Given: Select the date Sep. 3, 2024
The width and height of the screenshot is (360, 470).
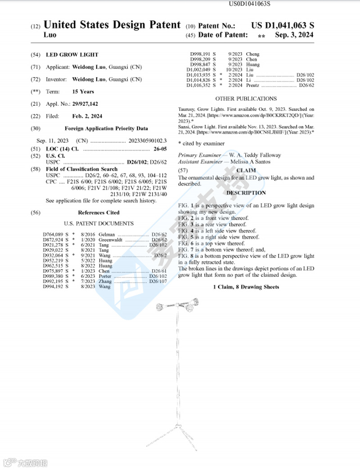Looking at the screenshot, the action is (294, 35).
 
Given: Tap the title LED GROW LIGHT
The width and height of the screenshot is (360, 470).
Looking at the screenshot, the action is (72, 55).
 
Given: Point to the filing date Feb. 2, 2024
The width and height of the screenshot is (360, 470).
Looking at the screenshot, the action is (87, 116).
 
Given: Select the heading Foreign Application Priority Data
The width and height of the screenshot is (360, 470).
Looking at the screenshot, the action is (106, 128).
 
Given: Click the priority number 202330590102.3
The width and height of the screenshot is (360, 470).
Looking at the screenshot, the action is (144, 141).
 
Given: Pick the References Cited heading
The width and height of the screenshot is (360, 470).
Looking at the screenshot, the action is (99, 212).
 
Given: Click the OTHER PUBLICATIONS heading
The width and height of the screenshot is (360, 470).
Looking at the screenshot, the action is (246, 99).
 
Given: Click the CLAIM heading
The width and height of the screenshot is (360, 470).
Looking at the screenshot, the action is (246, 170).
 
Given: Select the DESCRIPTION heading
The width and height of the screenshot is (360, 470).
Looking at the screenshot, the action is (246, 193).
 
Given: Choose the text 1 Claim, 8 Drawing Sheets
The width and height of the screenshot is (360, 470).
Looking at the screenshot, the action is (246, 287).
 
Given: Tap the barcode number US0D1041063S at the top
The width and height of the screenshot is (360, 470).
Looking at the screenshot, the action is (250, 5).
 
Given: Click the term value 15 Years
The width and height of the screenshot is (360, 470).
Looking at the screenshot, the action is (83, 91).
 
